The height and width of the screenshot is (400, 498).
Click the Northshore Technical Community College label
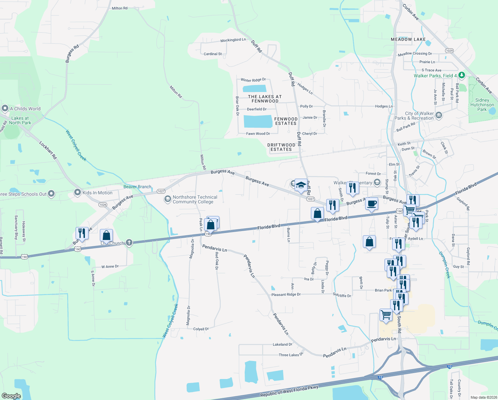point(195,199)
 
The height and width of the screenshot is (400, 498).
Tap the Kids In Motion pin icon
point(77,192)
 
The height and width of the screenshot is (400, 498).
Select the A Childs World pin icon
point(5,108)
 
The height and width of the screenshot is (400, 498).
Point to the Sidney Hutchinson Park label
point(482,105)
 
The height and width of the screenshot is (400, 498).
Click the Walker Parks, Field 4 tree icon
point(461,75)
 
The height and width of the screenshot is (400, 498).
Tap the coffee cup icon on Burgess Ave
point(372,203)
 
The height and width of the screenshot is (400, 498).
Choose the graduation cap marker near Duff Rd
point(301,185)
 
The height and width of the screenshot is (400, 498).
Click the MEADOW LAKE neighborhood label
point(408,39)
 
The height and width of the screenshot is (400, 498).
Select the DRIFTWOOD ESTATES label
point(281,147)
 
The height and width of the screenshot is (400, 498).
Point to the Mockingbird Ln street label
point(233,40)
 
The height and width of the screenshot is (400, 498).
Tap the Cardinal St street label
point(213,54)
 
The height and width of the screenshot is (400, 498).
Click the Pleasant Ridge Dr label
point(286,295)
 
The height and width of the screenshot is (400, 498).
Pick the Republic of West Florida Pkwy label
point(289,391)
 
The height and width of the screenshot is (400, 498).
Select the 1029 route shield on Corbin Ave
point(449,51)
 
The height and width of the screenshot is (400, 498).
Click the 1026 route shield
point(103,205)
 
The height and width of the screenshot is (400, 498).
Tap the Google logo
point(11,396)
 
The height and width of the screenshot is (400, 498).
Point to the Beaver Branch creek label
point(137,187)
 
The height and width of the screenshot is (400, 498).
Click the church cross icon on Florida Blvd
point(129,243)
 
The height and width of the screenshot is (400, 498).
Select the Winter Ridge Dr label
point(253,80)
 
